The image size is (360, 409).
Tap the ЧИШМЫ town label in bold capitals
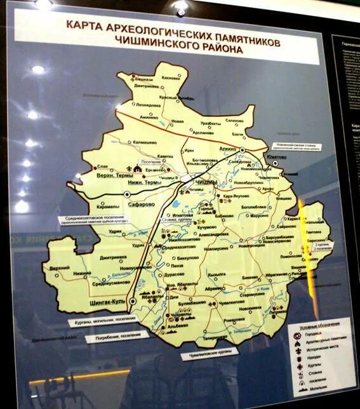click(x=204, y=183)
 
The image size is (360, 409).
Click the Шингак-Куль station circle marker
click(x=132, y=300)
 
